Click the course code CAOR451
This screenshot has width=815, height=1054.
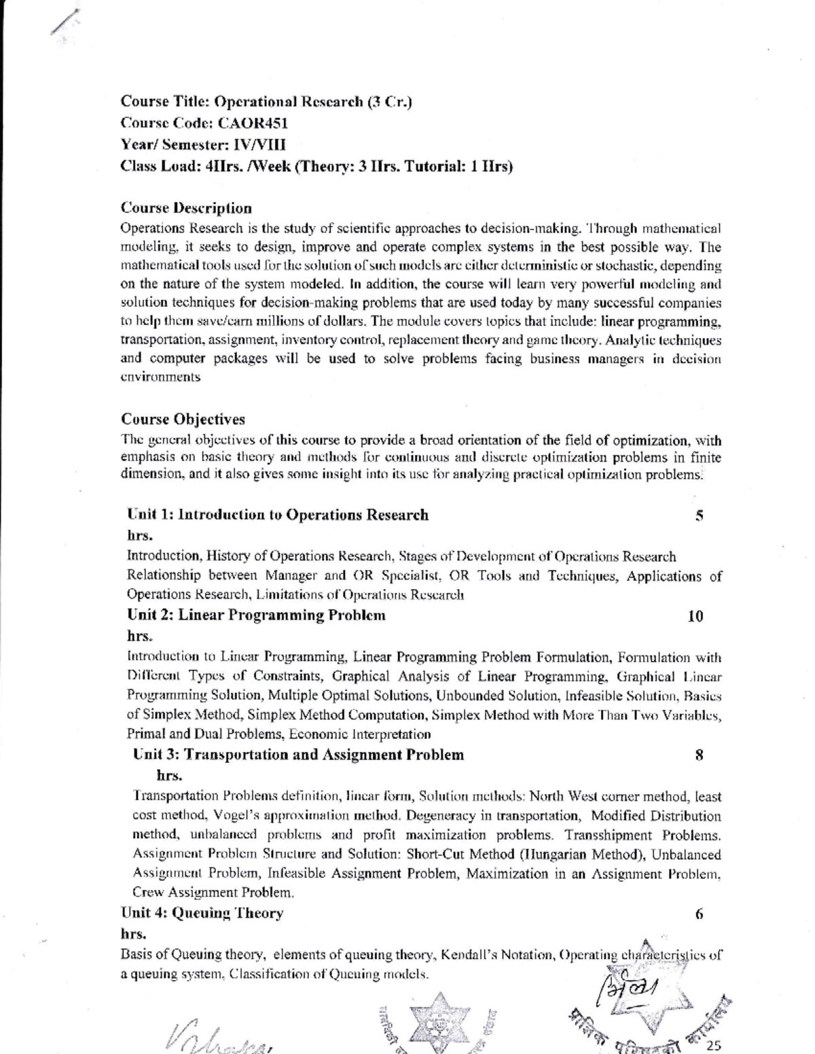click(x=252, y=124)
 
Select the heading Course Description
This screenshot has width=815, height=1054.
click(x=186, y=208)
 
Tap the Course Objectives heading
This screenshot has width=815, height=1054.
click(x=183, y=419)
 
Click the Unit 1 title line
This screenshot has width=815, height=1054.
click(x=278, y=515)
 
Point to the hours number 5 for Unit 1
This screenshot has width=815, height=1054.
click(x=699, y=516)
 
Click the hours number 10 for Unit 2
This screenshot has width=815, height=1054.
click(x=695, y=616)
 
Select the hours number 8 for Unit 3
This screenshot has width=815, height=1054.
click(x=699, y=755)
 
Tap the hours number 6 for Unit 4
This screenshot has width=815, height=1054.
click(x=699, y=914)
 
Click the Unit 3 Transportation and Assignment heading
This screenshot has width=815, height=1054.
click(x=299, y=755)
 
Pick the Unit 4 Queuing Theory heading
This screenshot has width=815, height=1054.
click(x=202, y=914)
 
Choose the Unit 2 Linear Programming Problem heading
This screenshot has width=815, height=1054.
click(x=257, y=616)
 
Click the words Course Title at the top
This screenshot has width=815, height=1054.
click(x=164, y=102)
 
